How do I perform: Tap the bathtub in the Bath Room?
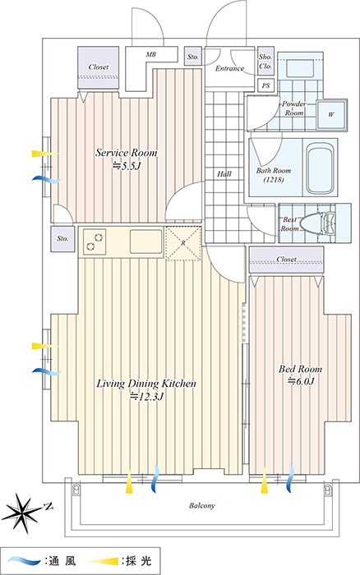pos(320,168)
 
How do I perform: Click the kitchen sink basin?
pos(145,241)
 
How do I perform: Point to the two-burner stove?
pos(95,241)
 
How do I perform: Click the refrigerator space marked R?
pos(183,243)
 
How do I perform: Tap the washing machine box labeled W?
pos(332,115)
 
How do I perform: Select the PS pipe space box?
pos(266,85)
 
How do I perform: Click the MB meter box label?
pos(151,55)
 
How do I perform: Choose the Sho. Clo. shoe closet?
pos(265,61)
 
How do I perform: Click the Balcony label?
pos(202,506)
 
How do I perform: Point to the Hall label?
pos(224,174)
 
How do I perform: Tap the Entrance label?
pos(229,68)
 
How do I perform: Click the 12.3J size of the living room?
pos(146,397)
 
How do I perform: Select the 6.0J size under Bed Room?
pos(301,381)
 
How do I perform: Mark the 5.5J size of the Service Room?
pos(127,166)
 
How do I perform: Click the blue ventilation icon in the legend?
pos(23,561)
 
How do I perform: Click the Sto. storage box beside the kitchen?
pos(62,239)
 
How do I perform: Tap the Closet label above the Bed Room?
pos(287,259)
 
